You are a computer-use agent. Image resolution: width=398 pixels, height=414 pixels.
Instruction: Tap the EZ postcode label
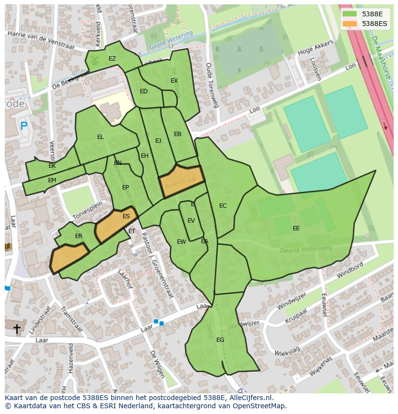point(112,59)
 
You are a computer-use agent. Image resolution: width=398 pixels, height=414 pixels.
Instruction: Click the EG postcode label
point(220,340)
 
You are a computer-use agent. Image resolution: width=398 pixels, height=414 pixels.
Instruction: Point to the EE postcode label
point(296,228)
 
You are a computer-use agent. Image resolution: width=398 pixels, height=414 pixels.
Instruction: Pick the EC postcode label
point(223,206)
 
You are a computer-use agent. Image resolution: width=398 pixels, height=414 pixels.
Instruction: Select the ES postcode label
point(126,216)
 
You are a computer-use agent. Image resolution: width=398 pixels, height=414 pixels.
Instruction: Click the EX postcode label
point(174,81)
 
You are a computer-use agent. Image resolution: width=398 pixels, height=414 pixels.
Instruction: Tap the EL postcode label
point(100,137)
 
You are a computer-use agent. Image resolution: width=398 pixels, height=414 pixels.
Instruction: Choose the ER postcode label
point(79,236)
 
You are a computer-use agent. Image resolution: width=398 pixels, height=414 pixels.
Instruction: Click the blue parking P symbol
point(24,126)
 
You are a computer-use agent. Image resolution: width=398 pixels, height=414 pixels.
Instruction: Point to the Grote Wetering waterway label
point(171,41)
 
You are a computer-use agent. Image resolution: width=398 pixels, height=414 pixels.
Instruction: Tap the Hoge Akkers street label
point(315,49)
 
